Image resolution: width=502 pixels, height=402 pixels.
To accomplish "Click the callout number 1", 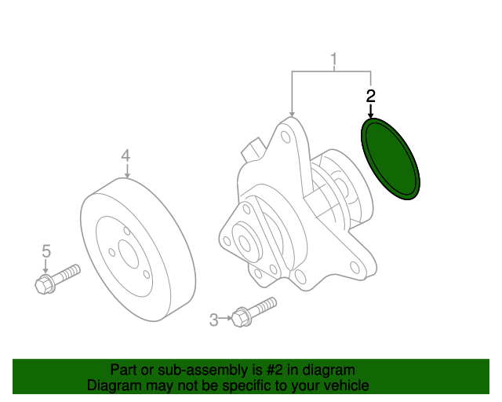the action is pos(334,60).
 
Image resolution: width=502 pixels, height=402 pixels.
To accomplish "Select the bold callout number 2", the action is pos(371,96).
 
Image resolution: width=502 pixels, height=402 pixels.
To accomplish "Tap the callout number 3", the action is pos(214,320).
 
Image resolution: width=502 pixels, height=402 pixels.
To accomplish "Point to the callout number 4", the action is pos(125,155).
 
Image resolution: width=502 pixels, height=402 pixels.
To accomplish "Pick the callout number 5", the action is pos(46,251).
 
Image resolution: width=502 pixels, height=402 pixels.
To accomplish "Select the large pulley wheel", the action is pos(138,250).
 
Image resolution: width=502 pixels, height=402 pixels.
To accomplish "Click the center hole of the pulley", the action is pos(129,254).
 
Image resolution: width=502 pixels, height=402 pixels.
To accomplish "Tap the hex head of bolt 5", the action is pos(45,284).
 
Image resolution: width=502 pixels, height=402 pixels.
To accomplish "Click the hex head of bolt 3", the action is pos(241,317).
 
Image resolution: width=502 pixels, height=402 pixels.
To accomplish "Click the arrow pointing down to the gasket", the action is pos(371,111).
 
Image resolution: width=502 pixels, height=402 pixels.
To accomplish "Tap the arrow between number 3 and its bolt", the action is pos(225,318).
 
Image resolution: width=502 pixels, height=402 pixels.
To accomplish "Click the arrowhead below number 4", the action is pos(127,175).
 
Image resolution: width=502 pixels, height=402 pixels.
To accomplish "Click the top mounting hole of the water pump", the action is pos(286,137).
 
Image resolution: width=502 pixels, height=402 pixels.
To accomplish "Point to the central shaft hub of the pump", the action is pos(245,243).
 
